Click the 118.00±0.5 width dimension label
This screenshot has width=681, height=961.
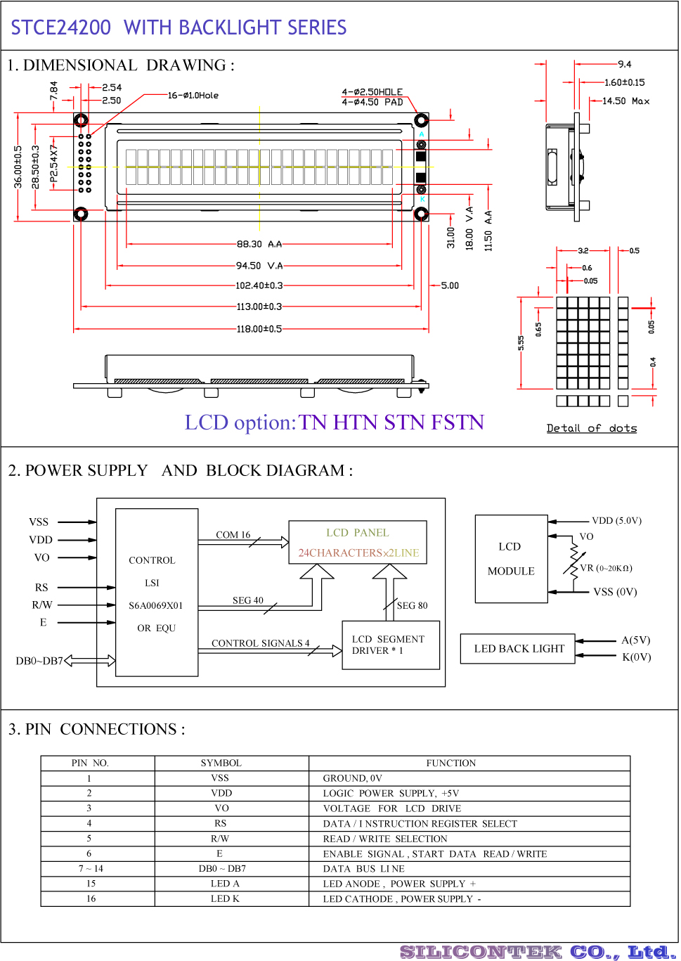coord(259,329)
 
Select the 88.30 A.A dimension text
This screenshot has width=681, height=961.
coord(259,244)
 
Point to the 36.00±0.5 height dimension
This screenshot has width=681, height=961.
coord(18,167)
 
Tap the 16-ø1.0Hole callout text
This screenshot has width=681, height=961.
coord(193,95)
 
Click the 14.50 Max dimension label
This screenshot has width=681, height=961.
coord(625,101)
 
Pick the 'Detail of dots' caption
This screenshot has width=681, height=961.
coord(591,427)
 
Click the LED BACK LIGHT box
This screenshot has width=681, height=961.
coord(518,649)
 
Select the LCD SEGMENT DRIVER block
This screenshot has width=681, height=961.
coord(391,645)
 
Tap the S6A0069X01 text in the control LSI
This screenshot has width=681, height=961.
coord(156,605)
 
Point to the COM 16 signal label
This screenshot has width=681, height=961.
coord(233,534)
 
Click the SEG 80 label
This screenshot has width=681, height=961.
coord(412,605)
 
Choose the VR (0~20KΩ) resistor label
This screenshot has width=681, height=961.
coord(606,568)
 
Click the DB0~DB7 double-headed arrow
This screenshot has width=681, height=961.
coord(90,661)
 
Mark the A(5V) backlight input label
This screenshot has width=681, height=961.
coord(635,640)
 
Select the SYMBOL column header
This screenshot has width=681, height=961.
coord(221,763)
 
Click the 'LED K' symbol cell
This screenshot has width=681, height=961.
coord(225,898)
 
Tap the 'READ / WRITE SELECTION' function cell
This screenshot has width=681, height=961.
coord(384,839)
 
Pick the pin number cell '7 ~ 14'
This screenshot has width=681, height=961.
coord(91,868)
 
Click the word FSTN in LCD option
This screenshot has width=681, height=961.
coord(458,423)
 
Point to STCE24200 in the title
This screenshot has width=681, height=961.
coord(61,27)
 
